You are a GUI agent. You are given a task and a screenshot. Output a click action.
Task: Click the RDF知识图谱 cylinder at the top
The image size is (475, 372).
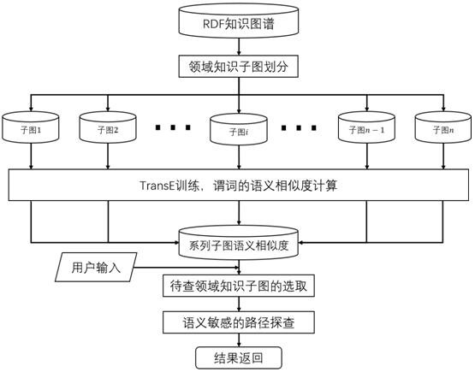(x=239, y=21)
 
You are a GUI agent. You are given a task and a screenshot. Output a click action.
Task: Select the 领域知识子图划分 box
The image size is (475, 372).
(x=239, y=67)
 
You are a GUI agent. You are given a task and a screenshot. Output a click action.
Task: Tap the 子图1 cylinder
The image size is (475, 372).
(x=31, y=127)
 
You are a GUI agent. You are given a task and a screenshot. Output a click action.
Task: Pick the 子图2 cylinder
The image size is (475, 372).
(x=108, y=127)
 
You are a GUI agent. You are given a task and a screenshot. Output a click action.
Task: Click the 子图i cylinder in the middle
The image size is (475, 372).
(x=239, y=129)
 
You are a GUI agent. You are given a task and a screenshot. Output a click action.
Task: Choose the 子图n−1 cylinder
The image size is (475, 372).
(x=366, y=127)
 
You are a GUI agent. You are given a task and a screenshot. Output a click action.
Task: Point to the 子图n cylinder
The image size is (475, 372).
(x=443, y=127)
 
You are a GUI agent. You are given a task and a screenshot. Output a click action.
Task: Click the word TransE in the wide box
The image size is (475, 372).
(x=157, y=186)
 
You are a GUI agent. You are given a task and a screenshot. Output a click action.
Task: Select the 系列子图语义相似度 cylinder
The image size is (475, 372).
(x=239, y=243)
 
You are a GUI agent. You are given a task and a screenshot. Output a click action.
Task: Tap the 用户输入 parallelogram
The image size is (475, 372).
(x=96, y=268)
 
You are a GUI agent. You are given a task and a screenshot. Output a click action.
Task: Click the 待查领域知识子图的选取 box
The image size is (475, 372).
(x=239, y=286)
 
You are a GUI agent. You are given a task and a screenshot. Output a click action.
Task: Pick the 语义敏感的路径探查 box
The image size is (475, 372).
(x=239, y=322)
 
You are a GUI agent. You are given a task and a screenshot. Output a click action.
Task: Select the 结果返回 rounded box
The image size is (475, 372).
(x=239, y=357)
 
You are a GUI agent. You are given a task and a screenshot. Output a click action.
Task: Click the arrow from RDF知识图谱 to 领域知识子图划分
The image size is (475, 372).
(x=239, y=47)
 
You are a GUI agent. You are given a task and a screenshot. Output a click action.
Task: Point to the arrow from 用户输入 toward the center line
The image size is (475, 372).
(x=186, y=268)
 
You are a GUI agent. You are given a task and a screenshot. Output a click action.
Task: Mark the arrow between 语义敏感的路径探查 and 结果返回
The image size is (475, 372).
(x=239, y=340)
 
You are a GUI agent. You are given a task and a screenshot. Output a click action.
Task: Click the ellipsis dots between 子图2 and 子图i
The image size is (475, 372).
(x=173, y=127)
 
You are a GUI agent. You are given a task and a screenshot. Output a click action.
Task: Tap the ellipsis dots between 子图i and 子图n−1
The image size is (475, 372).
(x=299, y=127)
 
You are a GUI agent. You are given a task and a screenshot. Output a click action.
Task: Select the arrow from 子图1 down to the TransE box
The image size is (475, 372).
(x=31, y=156)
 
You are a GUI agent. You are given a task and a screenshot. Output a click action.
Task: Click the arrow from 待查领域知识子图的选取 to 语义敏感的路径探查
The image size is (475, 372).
(x=239, y=304)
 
